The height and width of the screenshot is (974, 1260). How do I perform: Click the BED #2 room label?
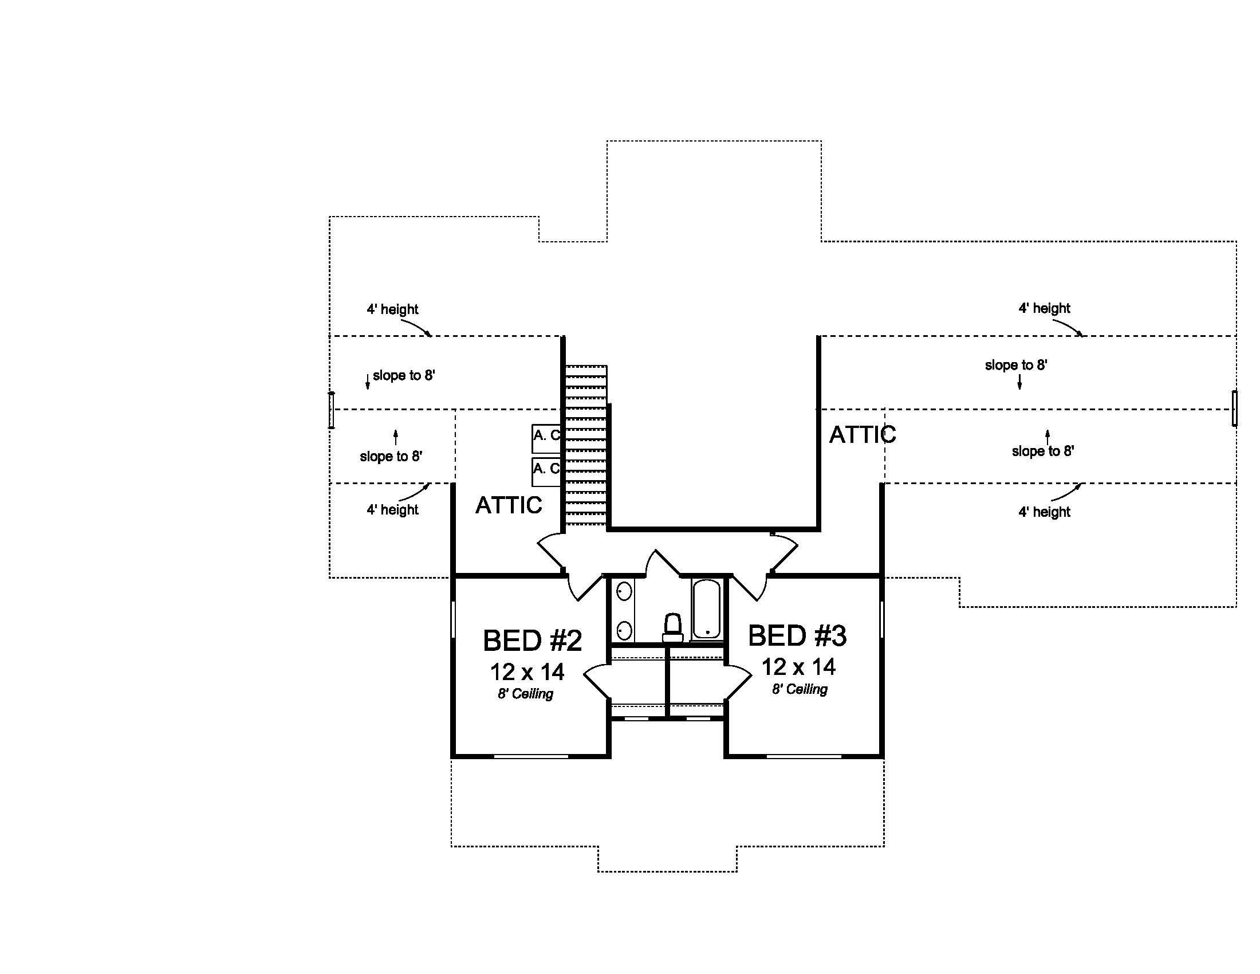click(532, 641)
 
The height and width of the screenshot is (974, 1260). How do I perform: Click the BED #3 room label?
click(797, 636)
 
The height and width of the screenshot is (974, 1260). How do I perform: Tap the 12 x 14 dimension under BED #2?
click(527, 672)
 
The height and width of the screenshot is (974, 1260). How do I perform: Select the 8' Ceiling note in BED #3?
click(800, 689)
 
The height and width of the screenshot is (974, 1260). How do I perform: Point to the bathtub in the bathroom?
click(706, 610)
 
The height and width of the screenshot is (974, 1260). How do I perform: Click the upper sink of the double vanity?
click(624, 591)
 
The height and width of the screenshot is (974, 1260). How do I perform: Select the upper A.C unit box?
click(546, 438)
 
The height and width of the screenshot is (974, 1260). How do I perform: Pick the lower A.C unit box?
click(546, 472)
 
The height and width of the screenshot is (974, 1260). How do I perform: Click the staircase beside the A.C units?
click(585, 447)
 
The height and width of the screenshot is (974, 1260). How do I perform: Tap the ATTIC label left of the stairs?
click(508, 505)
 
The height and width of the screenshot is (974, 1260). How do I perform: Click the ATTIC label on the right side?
click(862, 434)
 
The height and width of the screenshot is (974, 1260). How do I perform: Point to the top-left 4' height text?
click(392, 309)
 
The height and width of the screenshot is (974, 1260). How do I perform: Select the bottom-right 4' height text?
click(1044, 512)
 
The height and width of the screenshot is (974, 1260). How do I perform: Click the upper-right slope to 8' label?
click(1015, 366)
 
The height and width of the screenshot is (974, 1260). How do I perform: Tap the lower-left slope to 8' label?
click(391, 457)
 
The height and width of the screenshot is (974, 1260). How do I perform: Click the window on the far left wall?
click(332, 410)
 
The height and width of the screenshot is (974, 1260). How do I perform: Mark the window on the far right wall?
click(1234, 408)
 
